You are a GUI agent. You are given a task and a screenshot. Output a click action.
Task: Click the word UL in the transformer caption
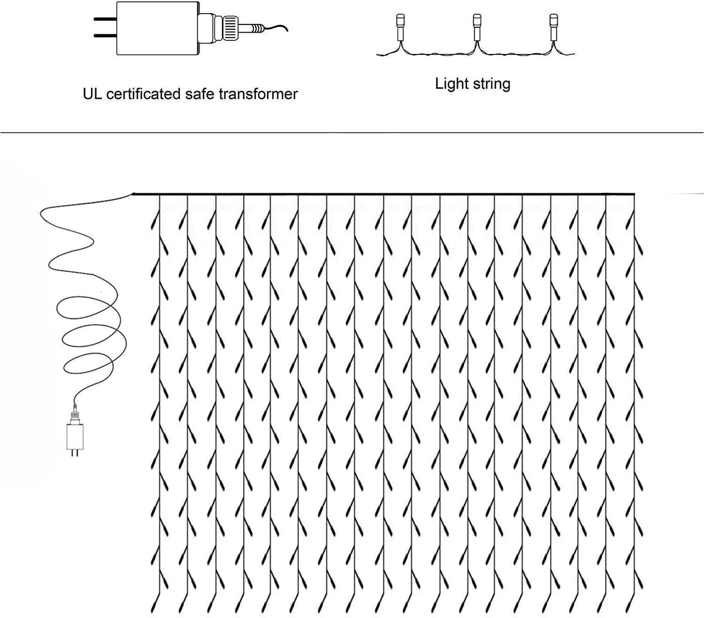tap(92, 94)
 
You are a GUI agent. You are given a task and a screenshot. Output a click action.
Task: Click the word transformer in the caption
tap(258, 94)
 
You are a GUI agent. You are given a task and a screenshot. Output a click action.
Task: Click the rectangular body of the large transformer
tap(156, 28)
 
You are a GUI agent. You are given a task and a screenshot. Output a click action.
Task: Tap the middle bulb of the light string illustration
tap(476, 22)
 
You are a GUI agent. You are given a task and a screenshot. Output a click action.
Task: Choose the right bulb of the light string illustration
tap(553, 22)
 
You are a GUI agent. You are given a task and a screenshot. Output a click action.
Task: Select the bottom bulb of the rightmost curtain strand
tap(639, 599)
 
